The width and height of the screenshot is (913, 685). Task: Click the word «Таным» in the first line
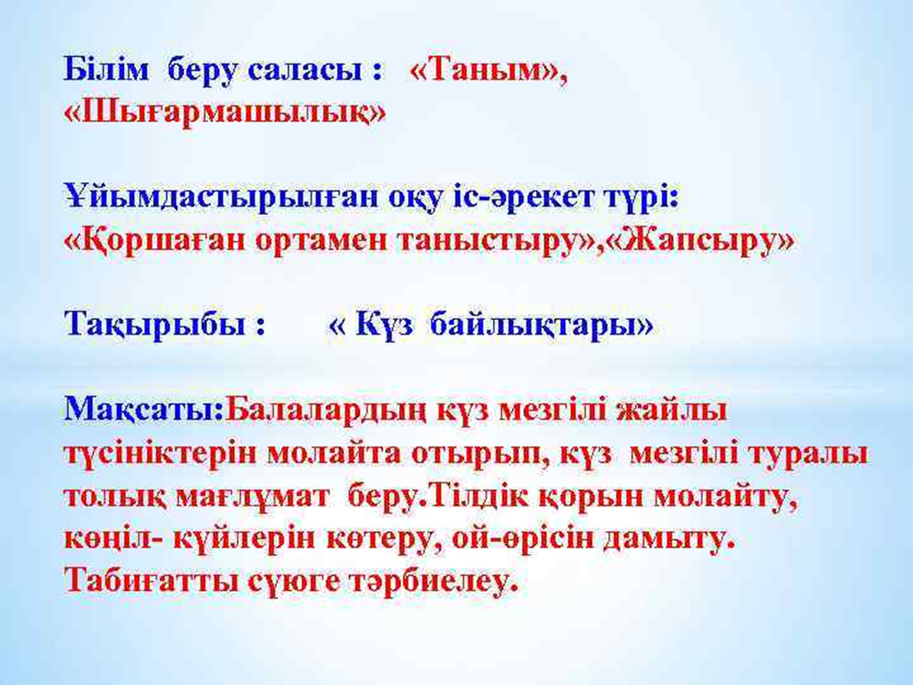click(487, 71)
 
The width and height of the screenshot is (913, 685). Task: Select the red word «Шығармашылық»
click(225, 112)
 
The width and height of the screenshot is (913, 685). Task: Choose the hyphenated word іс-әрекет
click(532, 198)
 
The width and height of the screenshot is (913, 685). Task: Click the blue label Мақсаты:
click(144, 409)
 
